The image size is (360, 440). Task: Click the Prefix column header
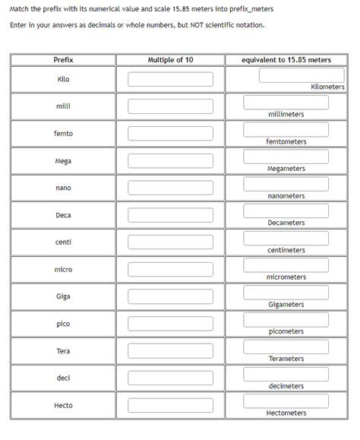coord(64,59)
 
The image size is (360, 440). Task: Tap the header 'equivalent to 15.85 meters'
coord(286,59)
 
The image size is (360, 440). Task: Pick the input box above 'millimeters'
coord(286,103)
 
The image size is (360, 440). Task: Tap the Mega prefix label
coord(64,161)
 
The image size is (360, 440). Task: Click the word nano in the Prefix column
coord(64,188)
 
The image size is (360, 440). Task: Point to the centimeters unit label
coord(286,250)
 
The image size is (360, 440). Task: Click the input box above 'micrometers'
coord(286,265)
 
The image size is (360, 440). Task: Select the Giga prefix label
coord(64,296)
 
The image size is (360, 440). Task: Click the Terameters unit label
coord(286,359)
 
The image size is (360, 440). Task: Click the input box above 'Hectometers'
coord(286,401)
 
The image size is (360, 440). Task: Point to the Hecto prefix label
coord(64,405)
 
